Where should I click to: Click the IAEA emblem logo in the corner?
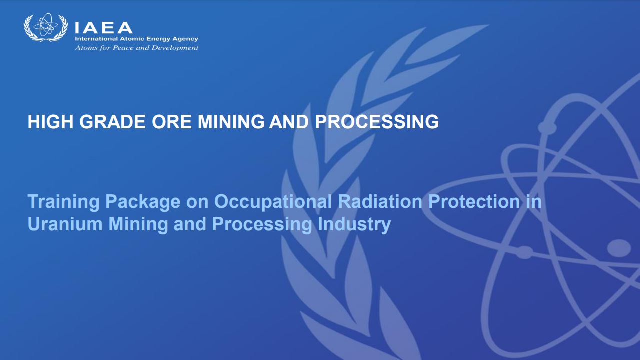(x=46, y=27)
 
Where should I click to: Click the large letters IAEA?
(x=103, y=28)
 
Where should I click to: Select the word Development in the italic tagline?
(x=175, y=48)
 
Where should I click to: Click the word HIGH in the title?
(x=50, y=122)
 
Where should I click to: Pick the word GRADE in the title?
(x=112, y=122)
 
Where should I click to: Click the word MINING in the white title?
(x=231, y=122)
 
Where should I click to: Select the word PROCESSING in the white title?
(x=377, y=122)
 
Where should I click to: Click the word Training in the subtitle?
(x=63, y=202)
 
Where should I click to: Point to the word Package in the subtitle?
(x=143, y=202)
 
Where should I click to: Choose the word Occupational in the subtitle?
(x=273, y=202)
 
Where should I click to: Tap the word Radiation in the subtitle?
(x=380, y=201)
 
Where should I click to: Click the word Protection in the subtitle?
(x=474, y=201)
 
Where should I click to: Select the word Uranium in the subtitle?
(x=65, y=224)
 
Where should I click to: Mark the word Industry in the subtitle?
(x=354, y=225)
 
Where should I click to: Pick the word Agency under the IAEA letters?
(x=185, y=39)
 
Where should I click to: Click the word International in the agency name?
(x=96, y=39)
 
